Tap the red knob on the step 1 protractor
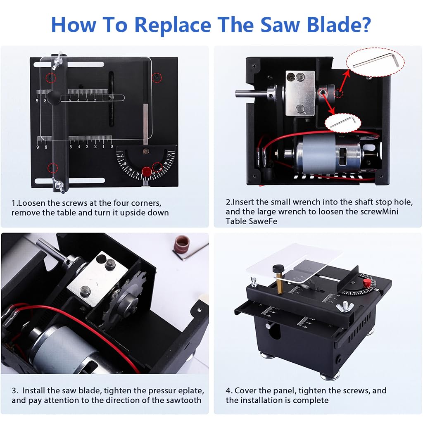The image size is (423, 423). (x=146, y=171)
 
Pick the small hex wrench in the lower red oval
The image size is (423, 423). (x=342, y=122)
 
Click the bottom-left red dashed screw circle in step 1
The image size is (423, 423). (x=52, y=168)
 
